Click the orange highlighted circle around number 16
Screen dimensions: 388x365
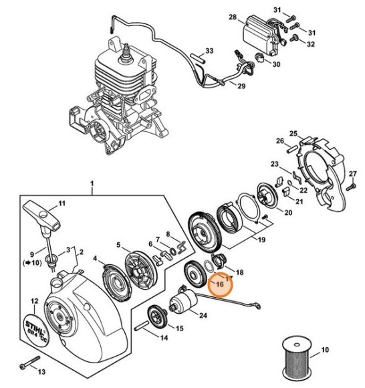[x=219, y=284]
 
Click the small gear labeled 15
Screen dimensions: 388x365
[x=158, y=314]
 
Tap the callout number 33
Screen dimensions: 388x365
[x=209, y=51]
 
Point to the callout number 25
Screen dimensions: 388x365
[x=293, y=133]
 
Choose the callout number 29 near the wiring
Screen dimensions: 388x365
[x=242, y=87]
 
